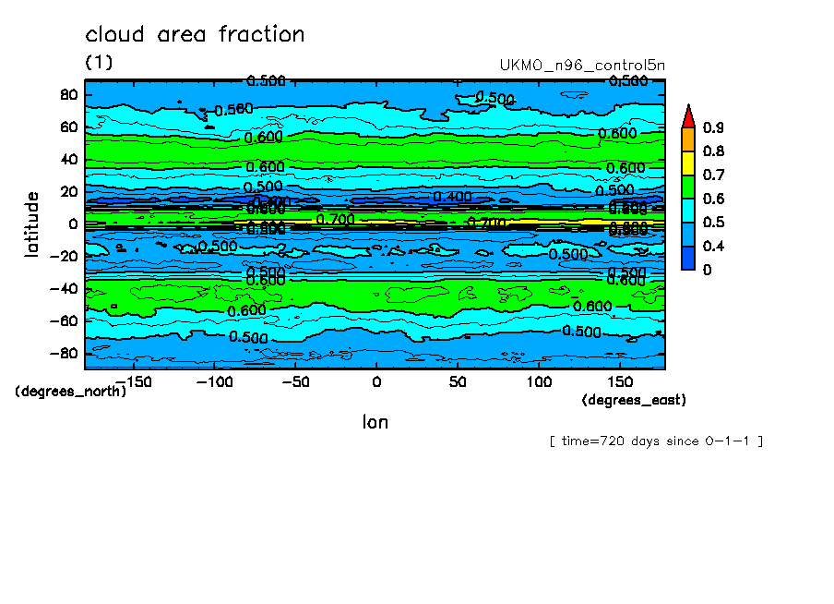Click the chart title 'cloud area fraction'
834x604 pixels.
[x=195, y=35]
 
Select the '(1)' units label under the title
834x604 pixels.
[x=99, y=62]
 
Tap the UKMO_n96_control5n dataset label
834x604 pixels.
[x=581, y=66]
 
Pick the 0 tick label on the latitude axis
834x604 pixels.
[x=74, y=223]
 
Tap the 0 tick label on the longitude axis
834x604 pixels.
[x=375, y=381]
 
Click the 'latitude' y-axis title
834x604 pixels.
[x=32, y=223]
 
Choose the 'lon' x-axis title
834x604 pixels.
[x=375, y=422]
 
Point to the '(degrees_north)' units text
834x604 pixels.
[x=70, y=391]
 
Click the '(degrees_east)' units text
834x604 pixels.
[x=634, y=400]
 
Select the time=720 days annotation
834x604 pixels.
[x=656, y=441]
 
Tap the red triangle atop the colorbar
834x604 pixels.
[x=688, y=115]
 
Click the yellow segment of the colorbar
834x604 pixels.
[x=688, y=163]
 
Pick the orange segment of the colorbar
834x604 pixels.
[x=688, y=139]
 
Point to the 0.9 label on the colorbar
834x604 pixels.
[x=713, y=127]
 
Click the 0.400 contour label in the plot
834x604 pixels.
[x=452, y=197]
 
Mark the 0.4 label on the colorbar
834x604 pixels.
[x=713, y=246]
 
